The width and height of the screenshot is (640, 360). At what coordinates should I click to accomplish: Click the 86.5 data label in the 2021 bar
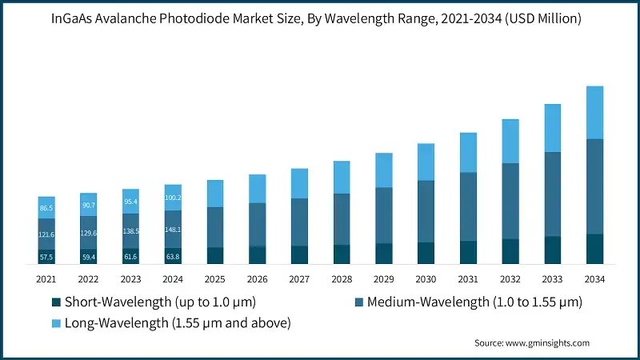(47, 208)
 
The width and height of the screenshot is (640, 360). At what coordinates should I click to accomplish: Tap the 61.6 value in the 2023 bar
(131, 257)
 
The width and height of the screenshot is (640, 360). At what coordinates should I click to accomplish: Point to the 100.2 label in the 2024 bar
(174, 198)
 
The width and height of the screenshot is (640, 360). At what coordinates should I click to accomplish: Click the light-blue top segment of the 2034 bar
(595, 113)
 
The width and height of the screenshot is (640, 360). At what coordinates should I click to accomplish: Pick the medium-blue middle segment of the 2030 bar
(426, 211)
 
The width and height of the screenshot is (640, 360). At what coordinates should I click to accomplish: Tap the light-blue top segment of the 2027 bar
(300, 183)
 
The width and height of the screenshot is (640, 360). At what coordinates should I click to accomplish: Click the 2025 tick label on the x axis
(215, 279)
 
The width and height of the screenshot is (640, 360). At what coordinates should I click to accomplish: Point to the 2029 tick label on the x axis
(384, 279)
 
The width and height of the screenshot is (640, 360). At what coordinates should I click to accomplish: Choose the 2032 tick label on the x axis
(510, 279)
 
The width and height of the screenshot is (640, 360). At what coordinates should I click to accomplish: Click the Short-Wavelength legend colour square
(55, 302)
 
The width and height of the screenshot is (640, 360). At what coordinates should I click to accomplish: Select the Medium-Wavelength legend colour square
(359, 302)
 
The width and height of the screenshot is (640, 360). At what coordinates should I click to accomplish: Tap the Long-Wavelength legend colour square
(55, 323)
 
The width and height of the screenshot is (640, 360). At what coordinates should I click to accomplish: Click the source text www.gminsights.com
(550, 342)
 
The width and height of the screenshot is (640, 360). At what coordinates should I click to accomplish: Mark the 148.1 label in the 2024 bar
(174, 230)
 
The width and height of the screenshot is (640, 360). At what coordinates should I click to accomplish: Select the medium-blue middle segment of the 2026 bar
(258, 224)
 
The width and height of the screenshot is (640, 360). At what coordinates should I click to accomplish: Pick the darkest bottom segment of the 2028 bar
(342, 254)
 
